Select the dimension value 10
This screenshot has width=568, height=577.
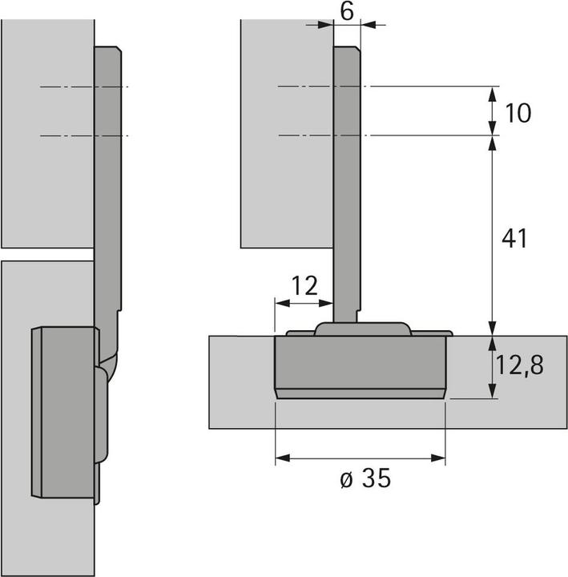pos(518,113)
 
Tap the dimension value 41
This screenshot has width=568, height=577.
pos(513,238)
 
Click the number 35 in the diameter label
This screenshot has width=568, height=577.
pos(374,479)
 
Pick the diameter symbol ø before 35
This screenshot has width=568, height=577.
pos(344,480)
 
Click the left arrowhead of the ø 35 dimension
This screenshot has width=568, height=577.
pos(281,458)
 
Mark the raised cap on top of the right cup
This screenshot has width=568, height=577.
pos(361,329)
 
